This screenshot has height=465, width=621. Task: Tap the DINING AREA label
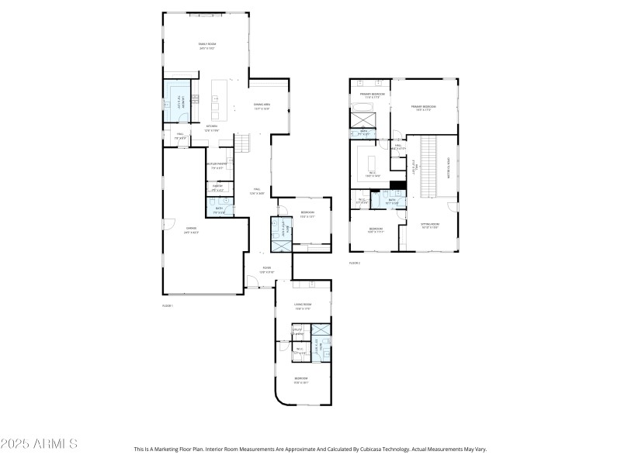(262, 106)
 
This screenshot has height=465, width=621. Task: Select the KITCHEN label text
(211, 128)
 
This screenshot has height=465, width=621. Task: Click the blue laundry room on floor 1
(176, 101)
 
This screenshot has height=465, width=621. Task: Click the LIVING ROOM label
(302, 306)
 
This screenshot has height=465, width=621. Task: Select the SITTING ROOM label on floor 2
(430, 226)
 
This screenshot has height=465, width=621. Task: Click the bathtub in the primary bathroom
(363, 117)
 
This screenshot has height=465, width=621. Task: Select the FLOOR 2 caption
(355, 263)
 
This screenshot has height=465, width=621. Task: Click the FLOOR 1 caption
(167, 306)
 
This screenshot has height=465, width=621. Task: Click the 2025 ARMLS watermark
(39, 444)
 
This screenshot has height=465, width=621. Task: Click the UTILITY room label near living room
(297, 332)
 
